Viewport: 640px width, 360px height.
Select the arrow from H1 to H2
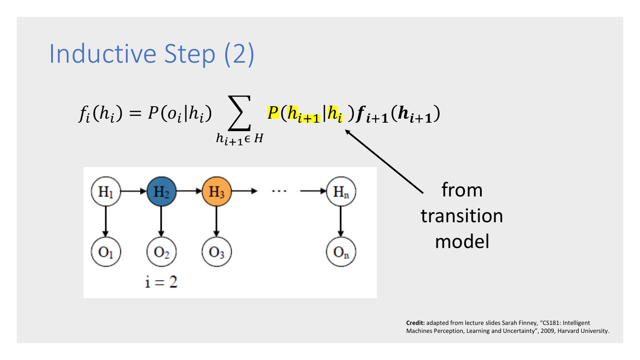click(132, 192)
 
